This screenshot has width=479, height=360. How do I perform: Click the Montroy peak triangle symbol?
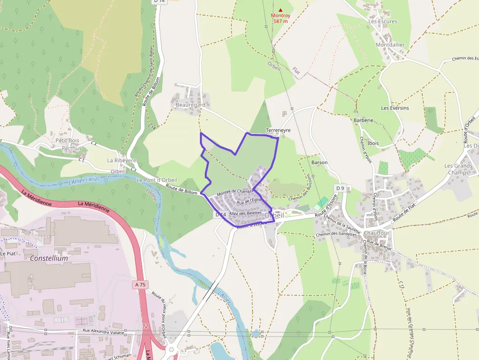click(x=281, y=10)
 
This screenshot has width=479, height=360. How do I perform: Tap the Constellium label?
click(x=49, y=258)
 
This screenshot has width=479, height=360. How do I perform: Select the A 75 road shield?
click(x=141, y=284)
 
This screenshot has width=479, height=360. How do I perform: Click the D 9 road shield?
click(x=340, y=188)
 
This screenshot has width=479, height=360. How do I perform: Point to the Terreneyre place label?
click(x=278, y=130)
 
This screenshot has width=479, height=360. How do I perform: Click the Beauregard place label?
click(x=190, y=105)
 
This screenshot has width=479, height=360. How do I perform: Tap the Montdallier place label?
click(x=390, y=44)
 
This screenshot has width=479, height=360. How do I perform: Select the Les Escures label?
click(x=383, y=21)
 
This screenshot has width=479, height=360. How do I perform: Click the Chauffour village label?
click(x=376, y=233)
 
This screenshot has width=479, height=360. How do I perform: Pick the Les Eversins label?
click(x=395, y=108)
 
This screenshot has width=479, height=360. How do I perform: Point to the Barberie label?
click(x=363, y=120)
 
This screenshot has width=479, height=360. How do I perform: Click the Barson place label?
click(x=319, y=162)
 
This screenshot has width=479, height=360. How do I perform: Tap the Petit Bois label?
click(x=67, y=141)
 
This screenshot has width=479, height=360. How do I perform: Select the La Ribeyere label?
click(x=122, y=160)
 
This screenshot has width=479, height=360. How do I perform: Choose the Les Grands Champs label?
click(x=458, y=169)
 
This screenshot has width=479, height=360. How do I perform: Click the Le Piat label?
click(x=8, y=254)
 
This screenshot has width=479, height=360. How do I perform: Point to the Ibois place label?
click(x=373, y=143)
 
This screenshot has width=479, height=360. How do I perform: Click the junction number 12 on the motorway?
click(x=145, y=326)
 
